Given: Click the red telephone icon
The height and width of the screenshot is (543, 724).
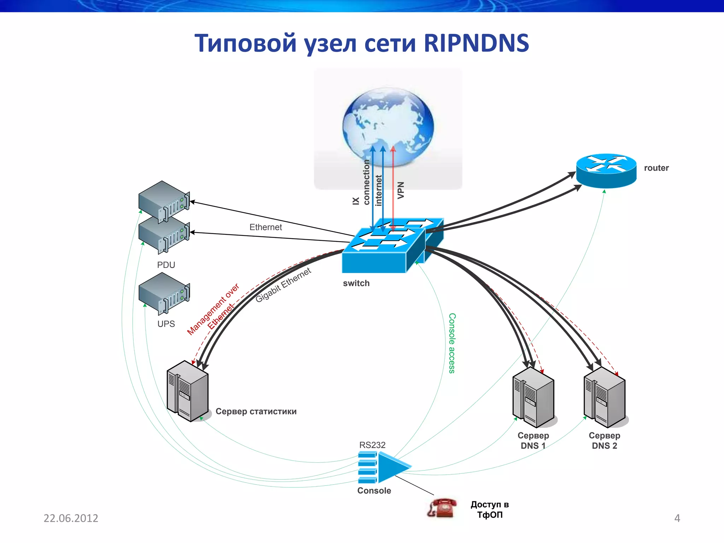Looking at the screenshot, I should pos(442,508).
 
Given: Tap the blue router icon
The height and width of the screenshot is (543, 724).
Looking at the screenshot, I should pos(606,170).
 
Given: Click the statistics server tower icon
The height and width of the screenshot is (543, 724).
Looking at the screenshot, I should pos(187,391).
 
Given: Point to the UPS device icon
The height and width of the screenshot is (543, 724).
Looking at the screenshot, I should pos(164,293).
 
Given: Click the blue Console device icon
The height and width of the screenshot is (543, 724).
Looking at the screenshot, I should pos(384,467).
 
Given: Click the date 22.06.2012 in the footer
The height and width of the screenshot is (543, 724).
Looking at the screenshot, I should pos(71,518).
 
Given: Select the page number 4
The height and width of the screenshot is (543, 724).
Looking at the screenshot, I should pos(677,518).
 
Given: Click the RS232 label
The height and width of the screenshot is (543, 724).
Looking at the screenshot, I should pos(372,445).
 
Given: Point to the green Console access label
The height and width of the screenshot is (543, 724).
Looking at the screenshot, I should pos(452,343).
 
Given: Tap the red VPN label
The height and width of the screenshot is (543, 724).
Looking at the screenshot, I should pos(401,190).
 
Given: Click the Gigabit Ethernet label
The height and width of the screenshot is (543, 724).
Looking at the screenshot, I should pos(283,285).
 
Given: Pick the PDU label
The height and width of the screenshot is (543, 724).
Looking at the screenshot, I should pos(166,265).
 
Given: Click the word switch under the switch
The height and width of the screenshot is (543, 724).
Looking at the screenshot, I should pos(356,283).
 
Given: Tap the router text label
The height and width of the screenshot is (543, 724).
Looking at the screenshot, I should pos(656,168).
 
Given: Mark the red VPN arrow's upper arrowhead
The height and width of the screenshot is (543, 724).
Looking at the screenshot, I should pos(393,149).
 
